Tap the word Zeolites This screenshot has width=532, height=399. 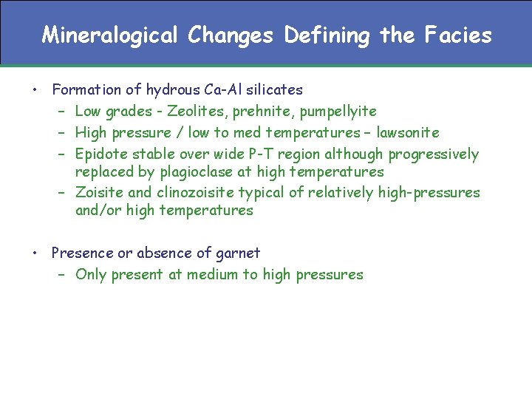point(194,112)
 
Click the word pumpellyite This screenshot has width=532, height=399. point(333,112)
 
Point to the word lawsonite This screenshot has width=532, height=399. point(408,133)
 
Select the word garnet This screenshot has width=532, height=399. point(237,253)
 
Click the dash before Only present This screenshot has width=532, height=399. point(62,275)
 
